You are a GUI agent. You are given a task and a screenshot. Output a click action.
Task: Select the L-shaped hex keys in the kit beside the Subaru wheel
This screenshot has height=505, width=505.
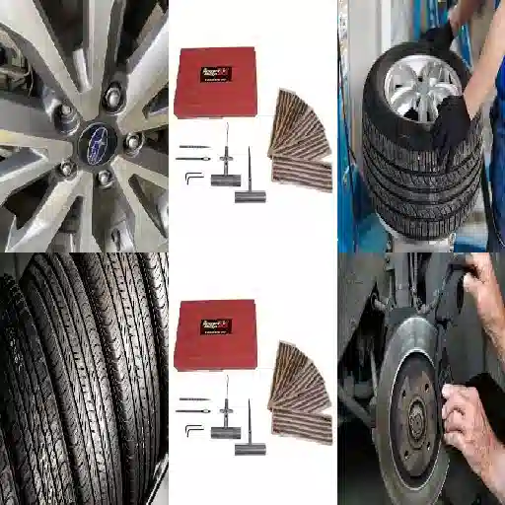point(192,177)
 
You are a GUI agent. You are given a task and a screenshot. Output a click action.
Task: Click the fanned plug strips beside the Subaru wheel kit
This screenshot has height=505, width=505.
point(301,118)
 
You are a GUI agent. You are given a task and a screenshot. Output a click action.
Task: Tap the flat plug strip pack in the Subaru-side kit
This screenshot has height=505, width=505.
point(301,176)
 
